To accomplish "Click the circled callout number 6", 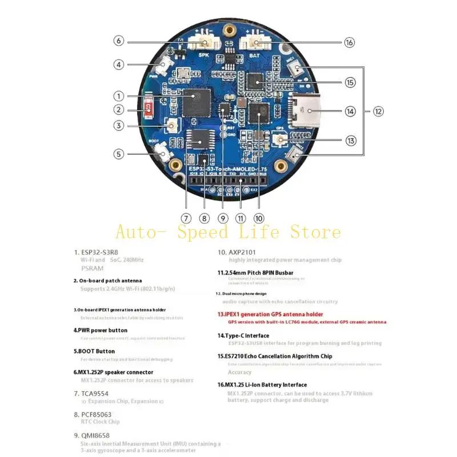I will point(119,41).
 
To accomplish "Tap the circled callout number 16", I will point(350,42).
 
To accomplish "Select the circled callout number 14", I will point(350,111).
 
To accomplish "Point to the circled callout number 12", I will point(378,111).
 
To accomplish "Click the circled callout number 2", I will point(119,110).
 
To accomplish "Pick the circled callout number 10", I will point(259,218).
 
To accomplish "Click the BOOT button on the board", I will point(161,153).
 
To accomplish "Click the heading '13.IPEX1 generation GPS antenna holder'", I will point(270,314).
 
